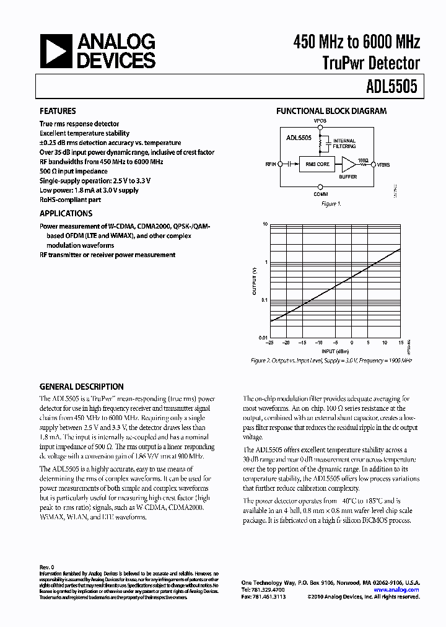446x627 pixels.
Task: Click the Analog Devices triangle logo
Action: [x=55, y=51]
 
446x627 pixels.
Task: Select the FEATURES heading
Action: [x=58, y=112]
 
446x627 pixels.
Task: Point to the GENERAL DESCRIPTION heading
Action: [x=81, y=387]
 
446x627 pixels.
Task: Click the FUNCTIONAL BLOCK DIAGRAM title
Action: [x=331, y=112]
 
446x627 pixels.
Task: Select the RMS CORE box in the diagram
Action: [x=318, y=164]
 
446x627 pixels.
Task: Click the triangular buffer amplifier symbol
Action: [x=350, y=164]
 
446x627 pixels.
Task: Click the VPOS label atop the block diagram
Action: [x=320, y=121]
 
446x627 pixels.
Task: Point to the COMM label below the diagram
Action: [x=320, y=195]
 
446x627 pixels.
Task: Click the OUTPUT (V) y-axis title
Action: [x=254, y=281]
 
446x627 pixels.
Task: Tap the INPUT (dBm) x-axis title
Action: [x=334, y=351]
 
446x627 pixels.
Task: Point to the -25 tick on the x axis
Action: [x=269, y=343]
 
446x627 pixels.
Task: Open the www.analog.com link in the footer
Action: [x=401, y=590]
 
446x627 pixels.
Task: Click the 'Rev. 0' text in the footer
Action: [x=48, y=567]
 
